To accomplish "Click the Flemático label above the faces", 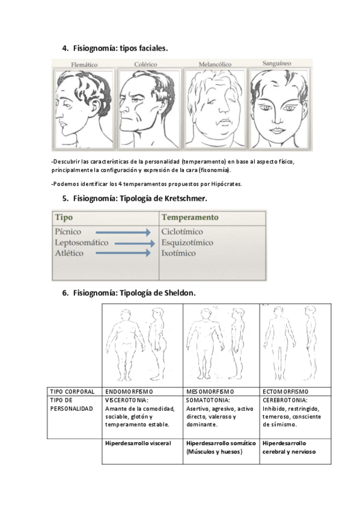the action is tap(84, 65).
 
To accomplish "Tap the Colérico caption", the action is tap(145, 64).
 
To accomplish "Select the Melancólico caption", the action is tap(215, 64).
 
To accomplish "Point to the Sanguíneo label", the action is tap(277, 63).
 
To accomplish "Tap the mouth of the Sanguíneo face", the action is tap(277, 130).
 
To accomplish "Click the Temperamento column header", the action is tap(190, 217).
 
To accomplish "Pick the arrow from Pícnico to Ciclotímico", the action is tap(123, 232).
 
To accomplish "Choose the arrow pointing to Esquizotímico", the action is tap(135, 243).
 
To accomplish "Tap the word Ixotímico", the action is tap(178, 253).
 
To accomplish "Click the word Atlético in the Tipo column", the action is tap(69, 253).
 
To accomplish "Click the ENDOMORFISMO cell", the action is tap(129, 392).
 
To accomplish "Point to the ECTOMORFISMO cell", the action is tap(285, 392).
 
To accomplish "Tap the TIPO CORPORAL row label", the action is tap(72, 392).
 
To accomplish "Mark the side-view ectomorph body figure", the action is tap(310, 343).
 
